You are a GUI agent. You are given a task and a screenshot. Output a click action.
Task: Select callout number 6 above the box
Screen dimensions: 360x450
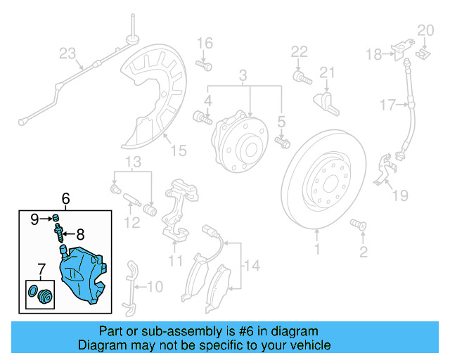point(65,200)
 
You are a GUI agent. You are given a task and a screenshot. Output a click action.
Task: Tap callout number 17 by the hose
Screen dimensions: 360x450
point(388,105)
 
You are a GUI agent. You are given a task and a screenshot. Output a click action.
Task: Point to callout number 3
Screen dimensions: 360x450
point(243,75)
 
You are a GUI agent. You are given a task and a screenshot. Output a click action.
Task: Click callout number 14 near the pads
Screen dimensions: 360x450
point(252,265)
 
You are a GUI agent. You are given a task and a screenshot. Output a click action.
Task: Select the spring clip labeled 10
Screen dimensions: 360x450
point(131,288)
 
